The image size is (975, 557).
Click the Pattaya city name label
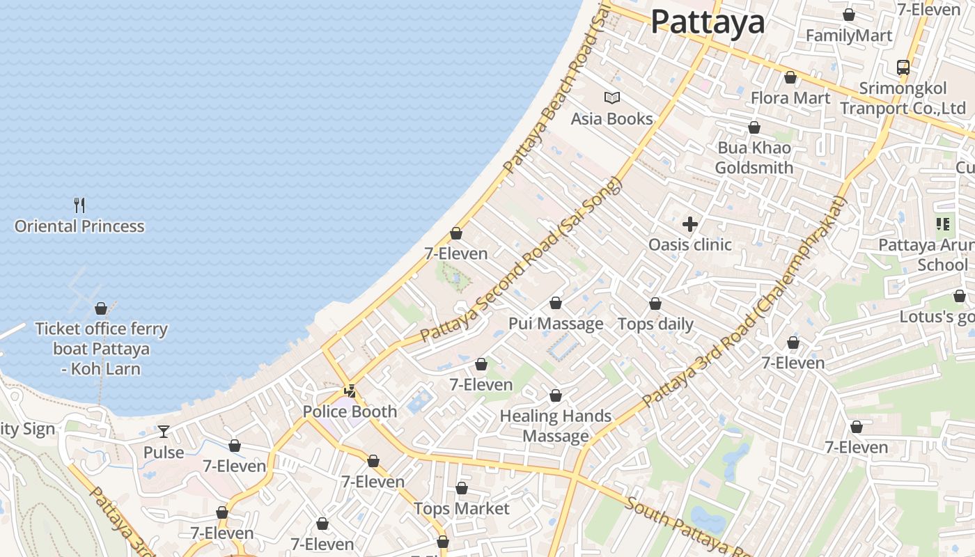708,22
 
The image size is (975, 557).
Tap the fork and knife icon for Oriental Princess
79,205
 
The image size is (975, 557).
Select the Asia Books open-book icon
612,98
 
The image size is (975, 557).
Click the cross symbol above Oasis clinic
690,224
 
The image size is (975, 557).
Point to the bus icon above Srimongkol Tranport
903,68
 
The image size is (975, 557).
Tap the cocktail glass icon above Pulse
164,432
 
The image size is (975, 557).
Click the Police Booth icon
350,391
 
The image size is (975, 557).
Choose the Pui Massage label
556,324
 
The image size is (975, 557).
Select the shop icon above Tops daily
655,304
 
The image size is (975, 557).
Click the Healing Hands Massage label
556,426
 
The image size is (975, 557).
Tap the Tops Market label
462,509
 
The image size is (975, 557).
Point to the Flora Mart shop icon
790,77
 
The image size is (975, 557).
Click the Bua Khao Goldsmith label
754,158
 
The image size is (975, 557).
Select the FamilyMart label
849,36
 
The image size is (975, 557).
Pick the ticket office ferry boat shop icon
101,308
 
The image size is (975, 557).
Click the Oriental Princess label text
79,226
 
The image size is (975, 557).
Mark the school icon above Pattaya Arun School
943,224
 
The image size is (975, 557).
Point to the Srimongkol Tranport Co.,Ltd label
903,98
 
